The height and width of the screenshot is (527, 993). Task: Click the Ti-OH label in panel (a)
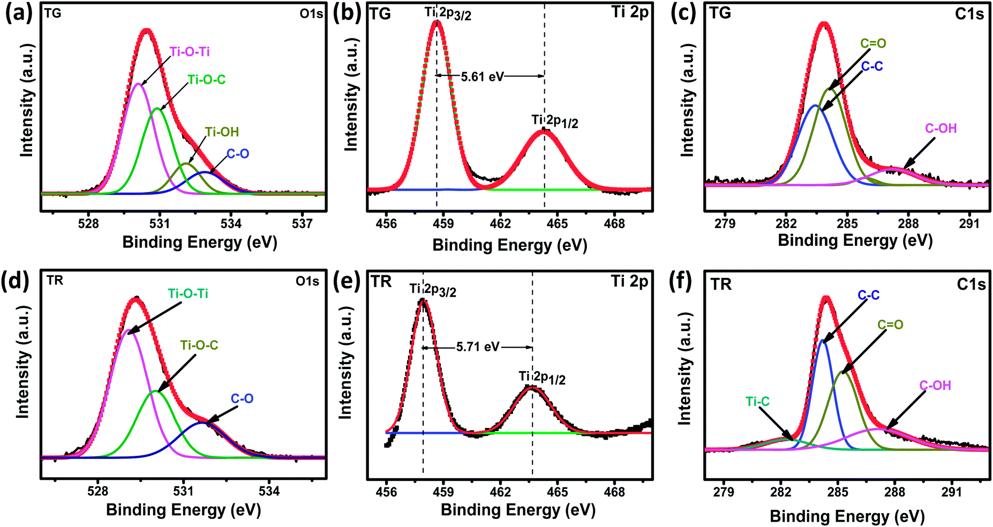coord(222,132)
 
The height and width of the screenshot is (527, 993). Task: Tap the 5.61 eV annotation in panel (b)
coord(482,77)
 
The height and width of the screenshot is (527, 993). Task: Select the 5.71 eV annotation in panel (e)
coord(477,347)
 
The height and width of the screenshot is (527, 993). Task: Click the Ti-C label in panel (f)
coord(757,402)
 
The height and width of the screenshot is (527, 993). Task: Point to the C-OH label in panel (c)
coord(941,129)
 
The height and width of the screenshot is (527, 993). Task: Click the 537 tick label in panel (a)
coord(302,224)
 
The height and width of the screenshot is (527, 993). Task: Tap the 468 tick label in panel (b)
coord(614,224)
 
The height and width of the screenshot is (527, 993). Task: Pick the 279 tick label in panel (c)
coord(725,224)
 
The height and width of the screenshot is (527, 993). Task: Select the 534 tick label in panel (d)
coord(269,491)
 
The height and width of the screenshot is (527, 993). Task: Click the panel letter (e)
coord(347,281)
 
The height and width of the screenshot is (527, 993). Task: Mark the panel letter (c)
coord(683,13)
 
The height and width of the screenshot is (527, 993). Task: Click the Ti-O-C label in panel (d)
coord(199,345)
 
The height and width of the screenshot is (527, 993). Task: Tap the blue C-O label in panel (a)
coord(238,154)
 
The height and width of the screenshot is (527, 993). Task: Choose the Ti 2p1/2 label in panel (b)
coord(554,122)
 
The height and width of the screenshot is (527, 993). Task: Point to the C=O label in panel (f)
coord(890,325)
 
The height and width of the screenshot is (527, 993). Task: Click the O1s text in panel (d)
coord(307,281)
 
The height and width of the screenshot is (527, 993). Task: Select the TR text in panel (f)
coord(721,284)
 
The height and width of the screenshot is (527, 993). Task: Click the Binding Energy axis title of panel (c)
coord(855,240)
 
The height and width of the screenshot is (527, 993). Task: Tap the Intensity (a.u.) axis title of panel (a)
coord(27,101)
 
